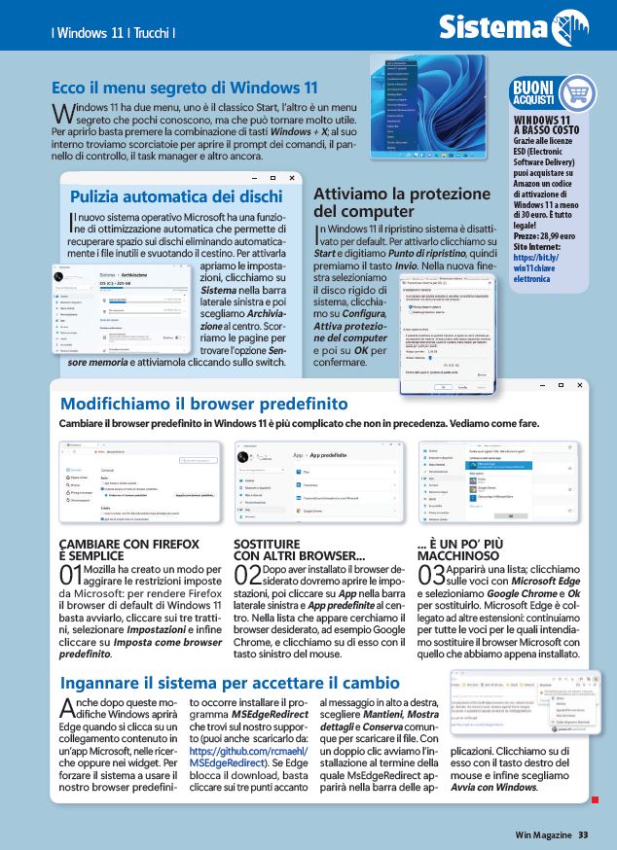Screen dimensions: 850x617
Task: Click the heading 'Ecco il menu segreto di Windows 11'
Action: point(185,87)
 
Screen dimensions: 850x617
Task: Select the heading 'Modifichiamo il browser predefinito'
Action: point(203,403)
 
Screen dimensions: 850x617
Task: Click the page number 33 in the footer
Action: point(583,833)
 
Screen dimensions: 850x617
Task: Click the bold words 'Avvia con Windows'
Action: point(495,787)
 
